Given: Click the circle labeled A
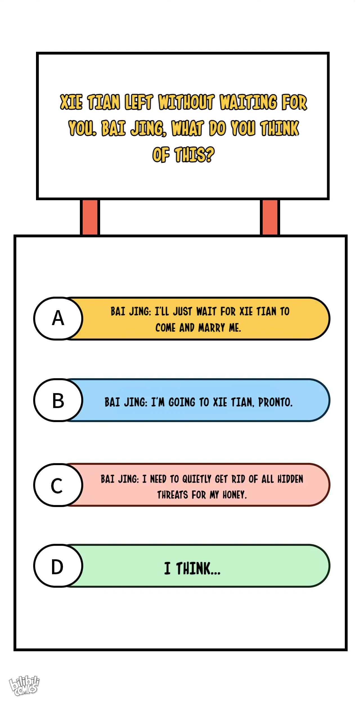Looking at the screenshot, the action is (x=58, y=318).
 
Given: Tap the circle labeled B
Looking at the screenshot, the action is (x=58, y=400).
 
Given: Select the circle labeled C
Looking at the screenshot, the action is (x=58, y=485).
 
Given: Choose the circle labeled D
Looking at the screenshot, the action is (x=58, y=566).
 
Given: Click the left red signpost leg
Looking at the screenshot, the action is (x=90, y=217).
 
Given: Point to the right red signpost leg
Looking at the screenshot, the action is (x=270, y=217).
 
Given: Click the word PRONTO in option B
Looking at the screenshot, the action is (x=275, y=402).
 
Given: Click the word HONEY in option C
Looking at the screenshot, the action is (x=235, y=495).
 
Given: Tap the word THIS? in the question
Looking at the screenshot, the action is (x=194, y=154).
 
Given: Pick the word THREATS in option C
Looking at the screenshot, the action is (x=173, y=495).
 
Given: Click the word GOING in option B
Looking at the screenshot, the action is (x=182, y=402).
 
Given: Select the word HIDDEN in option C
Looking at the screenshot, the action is (x=290, y=479).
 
